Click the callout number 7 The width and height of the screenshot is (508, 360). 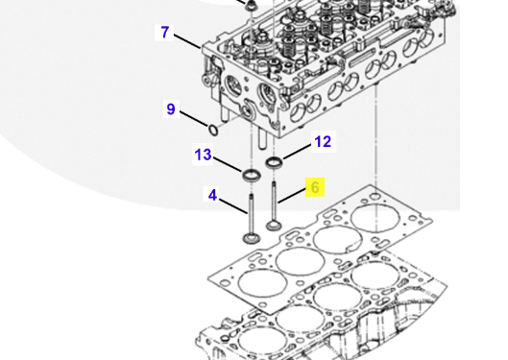165,33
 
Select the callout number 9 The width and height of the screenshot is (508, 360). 171,109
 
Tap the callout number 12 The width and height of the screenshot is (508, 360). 323,142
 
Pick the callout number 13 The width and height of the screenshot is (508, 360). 203,155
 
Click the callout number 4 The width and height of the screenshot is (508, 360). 212,195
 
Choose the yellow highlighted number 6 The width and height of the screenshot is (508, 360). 315,187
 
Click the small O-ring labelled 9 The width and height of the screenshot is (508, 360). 213,131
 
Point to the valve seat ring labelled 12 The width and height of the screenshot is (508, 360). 274,162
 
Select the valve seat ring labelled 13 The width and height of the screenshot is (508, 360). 252,175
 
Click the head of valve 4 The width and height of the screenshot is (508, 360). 252,238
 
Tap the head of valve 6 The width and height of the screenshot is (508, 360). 274,226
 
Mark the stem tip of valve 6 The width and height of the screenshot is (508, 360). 274,183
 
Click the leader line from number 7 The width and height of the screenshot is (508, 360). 187,40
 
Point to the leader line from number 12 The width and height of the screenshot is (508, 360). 297,151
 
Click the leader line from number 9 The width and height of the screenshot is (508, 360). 194,119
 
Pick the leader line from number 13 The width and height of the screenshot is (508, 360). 228,164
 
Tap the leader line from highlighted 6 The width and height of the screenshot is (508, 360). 292,197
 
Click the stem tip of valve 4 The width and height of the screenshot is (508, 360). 251,196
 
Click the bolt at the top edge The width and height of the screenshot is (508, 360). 250,5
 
